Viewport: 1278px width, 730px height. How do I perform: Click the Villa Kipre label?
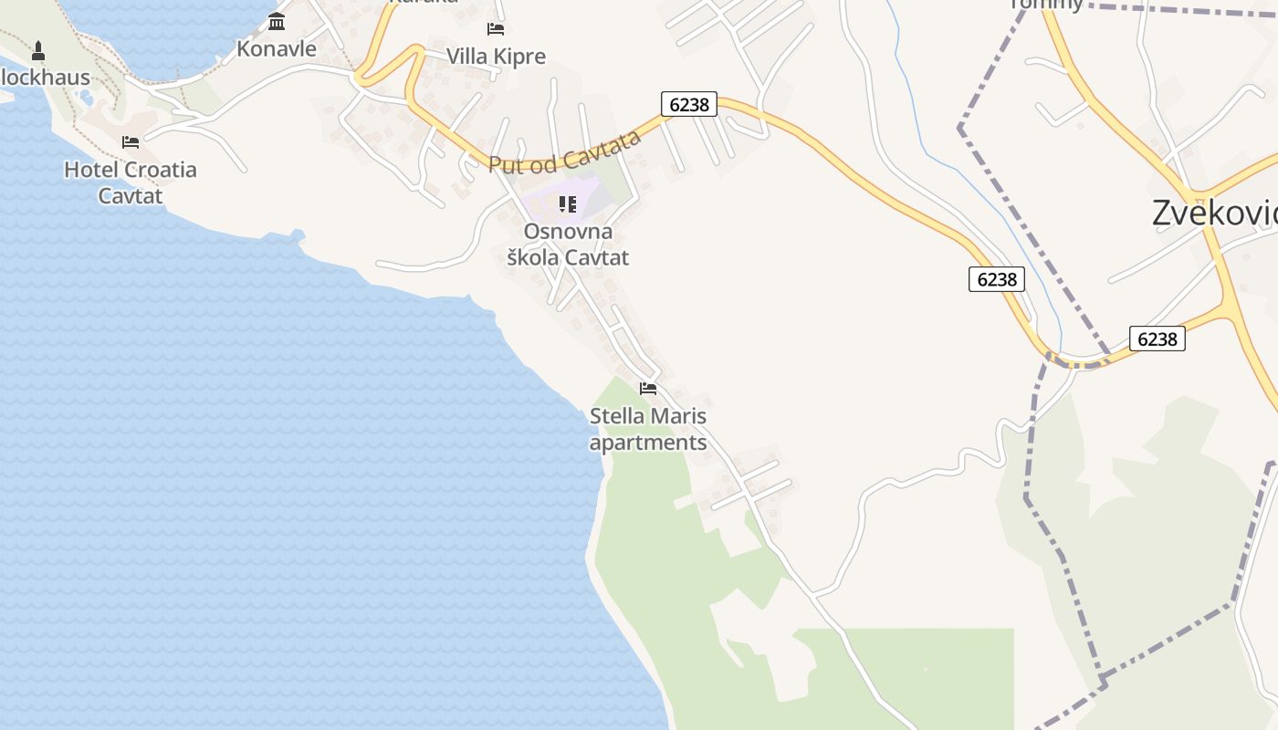[x=496, y=57]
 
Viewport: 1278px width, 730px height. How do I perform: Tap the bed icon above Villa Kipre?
[x=496, y=29]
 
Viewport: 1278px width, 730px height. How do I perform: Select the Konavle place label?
[x=277, y=49]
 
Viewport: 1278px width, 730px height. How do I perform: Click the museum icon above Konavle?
[x=277, y=21]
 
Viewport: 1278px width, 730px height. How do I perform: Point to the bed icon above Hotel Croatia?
[x=131, y=142]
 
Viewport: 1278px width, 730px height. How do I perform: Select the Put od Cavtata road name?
[x=564, y=152]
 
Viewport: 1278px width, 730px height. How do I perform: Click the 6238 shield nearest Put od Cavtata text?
[x=689, y=104]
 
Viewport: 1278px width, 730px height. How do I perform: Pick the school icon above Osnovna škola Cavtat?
[x=568, y=203]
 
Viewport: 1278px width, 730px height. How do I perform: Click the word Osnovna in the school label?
[x=568, y=232]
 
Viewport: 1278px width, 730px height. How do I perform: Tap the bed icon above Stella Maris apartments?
[x=648, y=389]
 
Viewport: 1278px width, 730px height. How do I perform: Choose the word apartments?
[x=648, y=443]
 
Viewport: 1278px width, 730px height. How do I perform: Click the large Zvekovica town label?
[x=1214, y=213]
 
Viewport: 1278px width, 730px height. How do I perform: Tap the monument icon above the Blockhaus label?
[x=38, y=50]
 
